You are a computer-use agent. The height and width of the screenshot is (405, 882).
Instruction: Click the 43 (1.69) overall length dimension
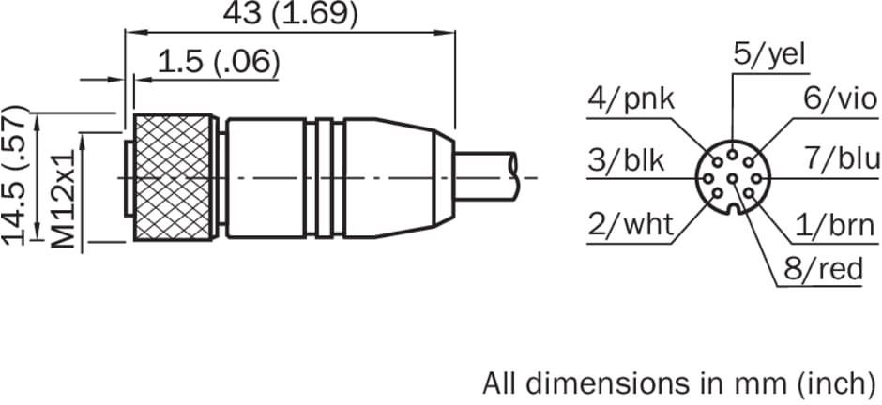pos(290,14)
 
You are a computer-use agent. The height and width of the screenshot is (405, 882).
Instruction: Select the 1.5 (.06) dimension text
pos(219,62)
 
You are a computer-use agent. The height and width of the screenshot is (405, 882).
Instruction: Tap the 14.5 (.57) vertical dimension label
pos(15,174)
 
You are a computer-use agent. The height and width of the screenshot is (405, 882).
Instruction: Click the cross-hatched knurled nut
pos(174,178)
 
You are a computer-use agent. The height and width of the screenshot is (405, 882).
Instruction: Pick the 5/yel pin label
pos(770,54)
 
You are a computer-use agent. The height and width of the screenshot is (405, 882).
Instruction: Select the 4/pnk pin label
pos(631,99)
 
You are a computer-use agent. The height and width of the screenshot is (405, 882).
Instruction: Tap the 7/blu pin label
pos(842,159)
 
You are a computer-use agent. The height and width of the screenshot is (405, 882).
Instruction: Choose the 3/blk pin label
pos(626,159)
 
